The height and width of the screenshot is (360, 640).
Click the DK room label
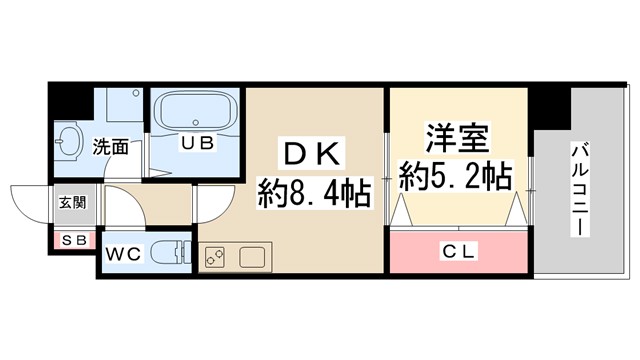click(315, 156)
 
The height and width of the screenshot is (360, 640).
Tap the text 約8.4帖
click(314, 191)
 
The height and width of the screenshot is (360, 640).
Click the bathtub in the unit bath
click(196, 111)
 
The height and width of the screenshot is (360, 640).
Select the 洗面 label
click(111, 146)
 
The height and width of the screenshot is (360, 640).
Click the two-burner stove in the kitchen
click(214, 256)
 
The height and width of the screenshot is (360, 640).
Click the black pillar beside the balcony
click(550, 106)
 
